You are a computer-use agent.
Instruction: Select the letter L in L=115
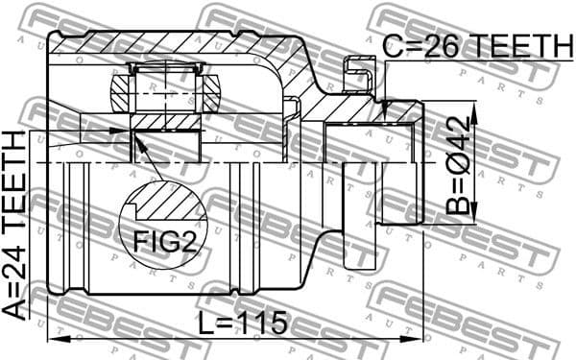(207, 324)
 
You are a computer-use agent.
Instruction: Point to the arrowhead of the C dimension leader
(384, 105)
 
